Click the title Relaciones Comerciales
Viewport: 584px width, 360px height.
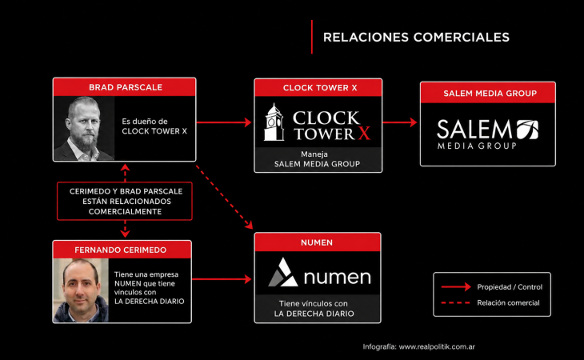pyautogui.click(x=416, y=38)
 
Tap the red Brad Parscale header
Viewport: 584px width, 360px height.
pyautogui.click(x=124, y=87)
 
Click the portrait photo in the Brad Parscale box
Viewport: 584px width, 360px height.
pyautogui.click(x=84, y=129)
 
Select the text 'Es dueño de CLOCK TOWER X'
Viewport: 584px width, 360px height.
pyautogui.click(x=154, y=126)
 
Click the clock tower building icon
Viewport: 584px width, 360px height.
pyautogui.click(x=274, y=122)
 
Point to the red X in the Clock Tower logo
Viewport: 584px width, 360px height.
pyautogui.click(x=364, y=134)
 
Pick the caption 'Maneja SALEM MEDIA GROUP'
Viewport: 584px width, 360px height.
pyautogui.click(x=318, y=159)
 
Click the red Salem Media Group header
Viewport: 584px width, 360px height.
pyautogui.click(x=488, y=93)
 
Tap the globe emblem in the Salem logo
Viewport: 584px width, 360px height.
pyautogui.click(x=527, y=130)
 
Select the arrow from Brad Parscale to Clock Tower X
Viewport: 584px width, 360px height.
pyautogui.click(x=224, y=122)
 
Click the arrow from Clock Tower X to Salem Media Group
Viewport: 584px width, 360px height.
pyautogui.click(x=400, y=122)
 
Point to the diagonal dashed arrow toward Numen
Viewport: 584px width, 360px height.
pyautogui.click(x=224, y=197)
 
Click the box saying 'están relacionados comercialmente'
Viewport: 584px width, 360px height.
pyautogui.click(x=125, y=201)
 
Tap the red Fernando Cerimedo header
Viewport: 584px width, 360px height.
pyautogui.click(x=122, y=250)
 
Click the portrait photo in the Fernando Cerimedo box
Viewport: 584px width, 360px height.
pyautogui.click(x=81, y=290)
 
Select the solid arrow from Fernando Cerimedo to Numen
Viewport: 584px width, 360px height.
pyautogui.click(x=222, y=279)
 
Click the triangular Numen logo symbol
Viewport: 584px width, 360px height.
pyautogui.click(x=283, y=273)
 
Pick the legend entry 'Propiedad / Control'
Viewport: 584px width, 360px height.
pyautogui.click(x=492, y=286)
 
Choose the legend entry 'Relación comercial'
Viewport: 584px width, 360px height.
pyautogui.click(x=490, y=302)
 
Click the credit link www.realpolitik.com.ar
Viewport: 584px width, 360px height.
pyautogui.click(x=437, y=346)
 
